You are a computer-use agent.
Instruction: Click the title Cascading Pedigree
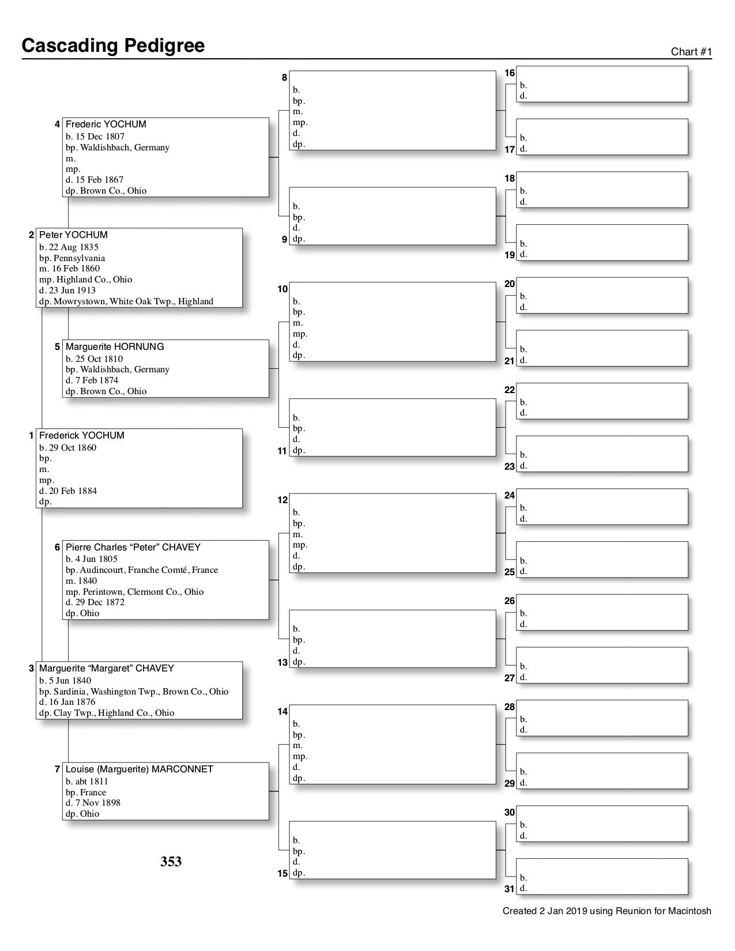[113, 46]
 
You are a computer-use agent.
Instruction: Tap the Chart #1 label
[691, 52]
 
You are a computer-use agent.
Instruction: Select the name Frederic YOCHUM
[106, 124]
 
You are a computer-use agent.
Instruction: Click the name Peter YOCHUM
[73, 235]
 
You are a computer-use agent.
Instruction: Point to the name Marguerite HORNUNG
[115, 347]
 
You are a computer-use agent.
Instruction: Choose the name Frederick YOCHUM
[82, 436]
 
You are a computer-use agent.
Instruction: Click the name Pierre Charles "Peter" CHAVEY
[133, 548]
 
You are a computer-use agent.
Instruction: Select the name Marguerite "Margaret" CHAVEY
[107, 669]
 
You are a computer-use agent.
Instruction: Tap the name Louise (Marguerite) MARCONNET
[140, 769]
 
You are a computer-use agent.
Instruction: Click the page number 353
[171, 862]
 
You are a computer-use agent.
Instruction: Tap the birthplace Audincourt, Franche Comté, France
[149, 570]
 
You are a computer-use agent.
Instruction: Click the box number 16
[510, 73]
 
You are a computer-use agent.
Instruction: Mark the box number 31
[510, 889]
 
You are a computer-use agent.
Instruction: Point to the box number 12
[282, 500]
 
